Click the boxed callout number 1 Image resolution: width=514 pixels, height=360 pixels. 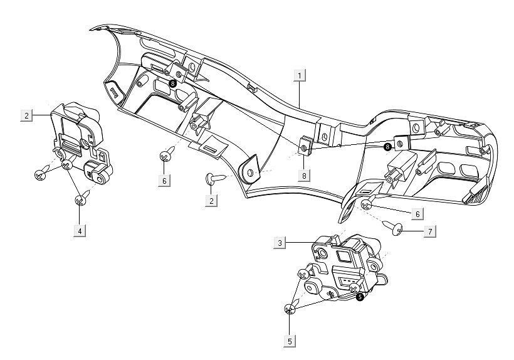click(301, 75)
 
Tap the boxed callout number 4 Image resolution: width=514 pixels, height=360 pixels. click(79, 230)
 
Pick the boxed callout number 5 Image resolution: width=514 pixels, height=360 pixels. click(290, 341)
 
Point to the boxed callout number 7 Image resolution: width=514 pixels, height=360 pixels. click(429, 231)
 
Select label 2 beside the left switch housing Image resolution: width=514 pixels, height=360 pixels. click(26, 115)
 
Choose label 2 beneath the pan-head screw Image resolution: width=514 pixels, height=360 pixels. click(211, 201)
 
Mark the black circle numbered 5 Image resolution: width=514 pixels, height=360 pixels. click(360, 297)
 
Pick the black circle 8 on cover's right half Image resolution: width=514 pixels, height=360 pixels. click(387, 146)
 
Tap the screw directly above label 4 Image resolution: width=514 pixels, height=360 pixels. click(80, 201)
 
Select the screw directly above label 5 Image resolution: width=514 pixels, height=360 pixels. click(290, 309)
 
